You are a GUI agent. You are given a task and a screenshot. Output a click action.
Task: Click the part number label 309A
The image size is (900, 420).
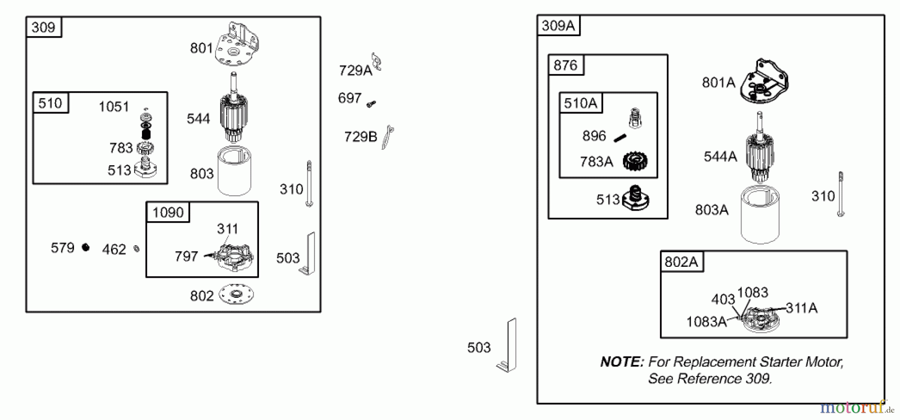click(558, 26)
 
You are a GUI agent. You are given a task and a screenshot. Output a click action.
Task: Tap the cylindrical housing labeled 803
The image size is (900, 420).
click(234, 171)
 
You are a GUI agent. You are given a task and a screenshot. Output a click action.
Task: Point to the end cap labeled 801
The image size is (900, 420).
click(237, 45)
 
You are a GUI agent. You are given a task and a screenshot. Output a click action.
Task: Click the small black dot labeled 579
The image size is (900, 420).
click(85, 247)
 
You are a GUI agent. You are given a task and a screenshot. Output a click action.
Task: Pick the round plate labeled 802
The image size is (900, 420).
click(236, 294)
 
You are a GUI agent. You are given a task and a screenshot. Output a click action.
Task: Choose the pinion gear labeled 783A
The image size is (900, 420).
click(635, 161)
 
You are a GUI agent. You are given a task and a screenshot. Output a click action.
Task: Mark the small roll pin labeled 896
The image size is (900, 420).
click(620, 138)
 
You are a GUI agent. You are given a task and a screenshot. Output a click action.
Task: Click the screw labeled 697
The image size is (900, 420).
click(371, 104)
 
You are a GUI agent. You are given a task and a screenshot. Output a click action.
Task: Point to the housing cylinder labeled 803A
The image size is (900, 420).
click(760, 214)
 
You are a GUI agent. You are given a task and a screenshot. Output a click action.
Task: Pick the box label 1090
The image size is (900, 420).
click(168, 213)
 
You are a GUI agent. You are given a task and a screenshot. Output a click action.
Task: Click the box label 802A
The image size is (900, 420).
click(681, 262)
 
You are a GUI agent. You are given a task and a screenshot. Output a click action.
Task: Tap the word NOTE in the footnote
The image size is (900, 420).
click(622, 362)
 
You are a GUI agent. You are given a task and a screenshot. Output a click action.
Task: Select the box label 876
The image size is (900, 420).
click(565, 65)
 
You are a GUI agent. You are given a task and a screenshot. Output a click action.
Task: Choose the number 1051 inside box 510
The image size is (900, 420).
click(114, 107)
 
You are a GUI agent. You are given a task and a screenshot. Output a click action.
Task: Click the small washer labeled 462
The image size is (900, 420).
click(136, 248)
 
